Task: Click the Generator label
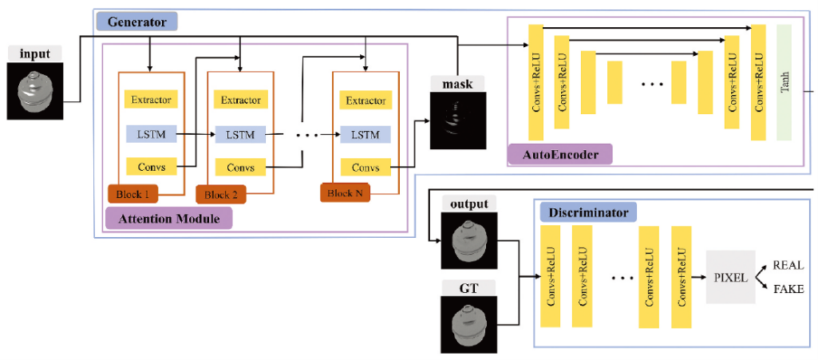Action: (x=136, y=22)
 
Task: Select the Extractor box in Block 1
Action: (x=152, y=101)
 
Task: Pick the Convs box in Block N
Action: (x=365, y=168)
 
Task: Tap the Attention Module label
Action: (x=168, y=218)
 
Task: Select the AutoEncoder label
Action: (x=559, y=153)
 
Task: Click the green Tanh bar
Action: (x=784, y=84)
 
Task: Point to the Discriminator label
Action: (x=588, y=213)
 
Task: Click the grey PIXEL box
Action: (x=730, y=277)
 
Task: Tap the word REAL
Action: (x=788, y=265)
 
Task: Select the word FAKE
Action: (x=788, y=289)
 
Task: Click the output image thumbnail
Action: (x=468, y=243)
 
